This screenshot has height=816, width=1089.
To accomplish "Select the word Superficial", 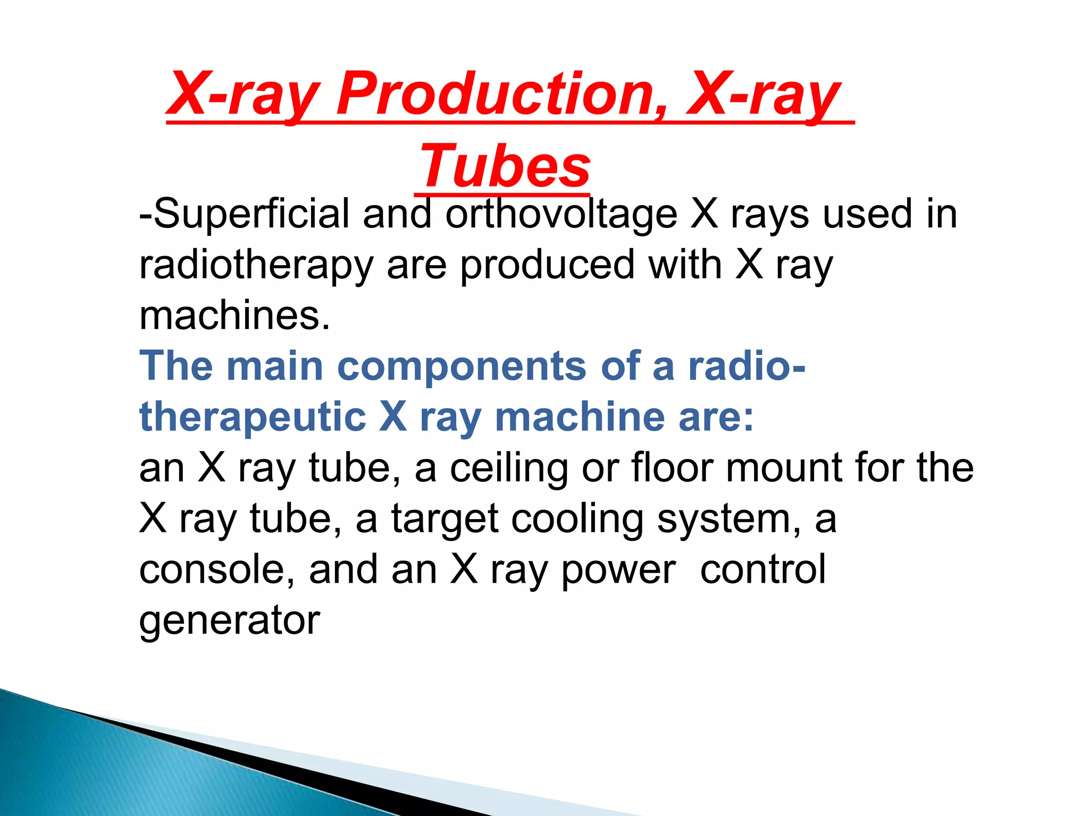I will (x=250, y=214).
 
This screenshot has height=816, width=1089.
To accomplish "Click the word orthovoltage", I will (x=561, y=214).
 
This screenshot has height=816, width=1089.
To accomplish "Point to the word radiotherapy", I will (x=256, y=265).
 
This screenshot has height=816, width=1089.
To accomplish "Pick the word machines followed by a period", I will (x=234, y=316).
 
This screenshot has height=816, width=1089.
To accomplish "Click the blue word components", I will (x=462, y=367).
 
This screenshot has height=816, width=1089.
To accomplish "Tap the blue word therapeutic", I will (x=253, y=417).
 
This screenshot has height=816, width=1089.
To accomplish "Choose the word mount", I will (x=784, y=468).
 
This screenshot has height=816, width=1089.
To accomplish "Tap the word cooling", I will (x=577, y=519).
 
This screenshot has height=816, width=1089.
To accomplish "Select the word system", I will (x=728, y=519).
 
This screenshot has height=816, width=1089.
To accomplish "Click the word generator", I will (x=229, y=620).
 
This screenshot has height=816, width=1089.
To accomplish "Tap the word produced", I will (x=547, y=265).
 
